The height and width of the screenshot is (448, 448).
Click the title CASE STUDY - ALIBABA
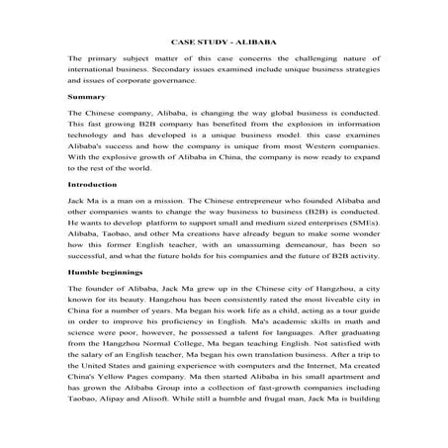[224, 45]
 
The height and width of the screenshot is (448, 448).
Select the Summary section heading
[85, 99]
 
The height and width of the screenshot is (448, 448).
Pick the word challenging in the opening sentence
[311, 59]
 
